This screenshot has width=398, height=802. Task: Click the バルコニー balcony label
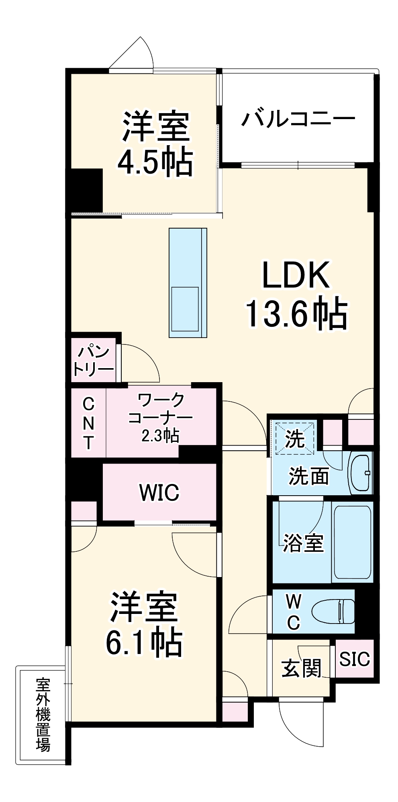click(x=298, y=119)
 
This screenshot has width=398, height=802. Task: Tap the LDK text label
click(x=296, y=275)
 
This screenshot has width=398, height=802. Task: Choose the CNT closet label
click(x=88, y=423)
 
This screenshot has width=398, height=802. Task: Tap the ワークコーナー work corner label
click(x=161, y=409)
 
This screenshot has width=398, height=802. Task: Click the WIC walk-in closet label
click(x=159, y=492)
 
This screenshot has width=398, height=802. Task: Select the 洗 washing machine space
click(x=294, y=438)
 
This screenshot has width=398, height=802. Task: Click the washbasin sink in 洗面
click(x=360, y=473)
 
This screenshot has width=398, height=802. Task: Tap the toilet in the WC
click(x=334, y=612)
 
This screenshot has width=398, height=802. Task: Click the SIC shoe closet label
click(x=354, y=659)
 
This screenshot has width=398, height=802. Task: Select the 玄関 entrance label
click(x=301, y=668)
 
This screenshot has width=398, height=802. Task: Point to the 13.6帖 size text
click(x=296, y=314)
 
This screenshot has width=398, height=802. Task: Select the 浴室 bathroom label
click(x=303, y=543)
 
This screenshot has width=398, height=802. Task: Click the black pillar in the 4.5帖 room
click(x=86, y=190)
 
